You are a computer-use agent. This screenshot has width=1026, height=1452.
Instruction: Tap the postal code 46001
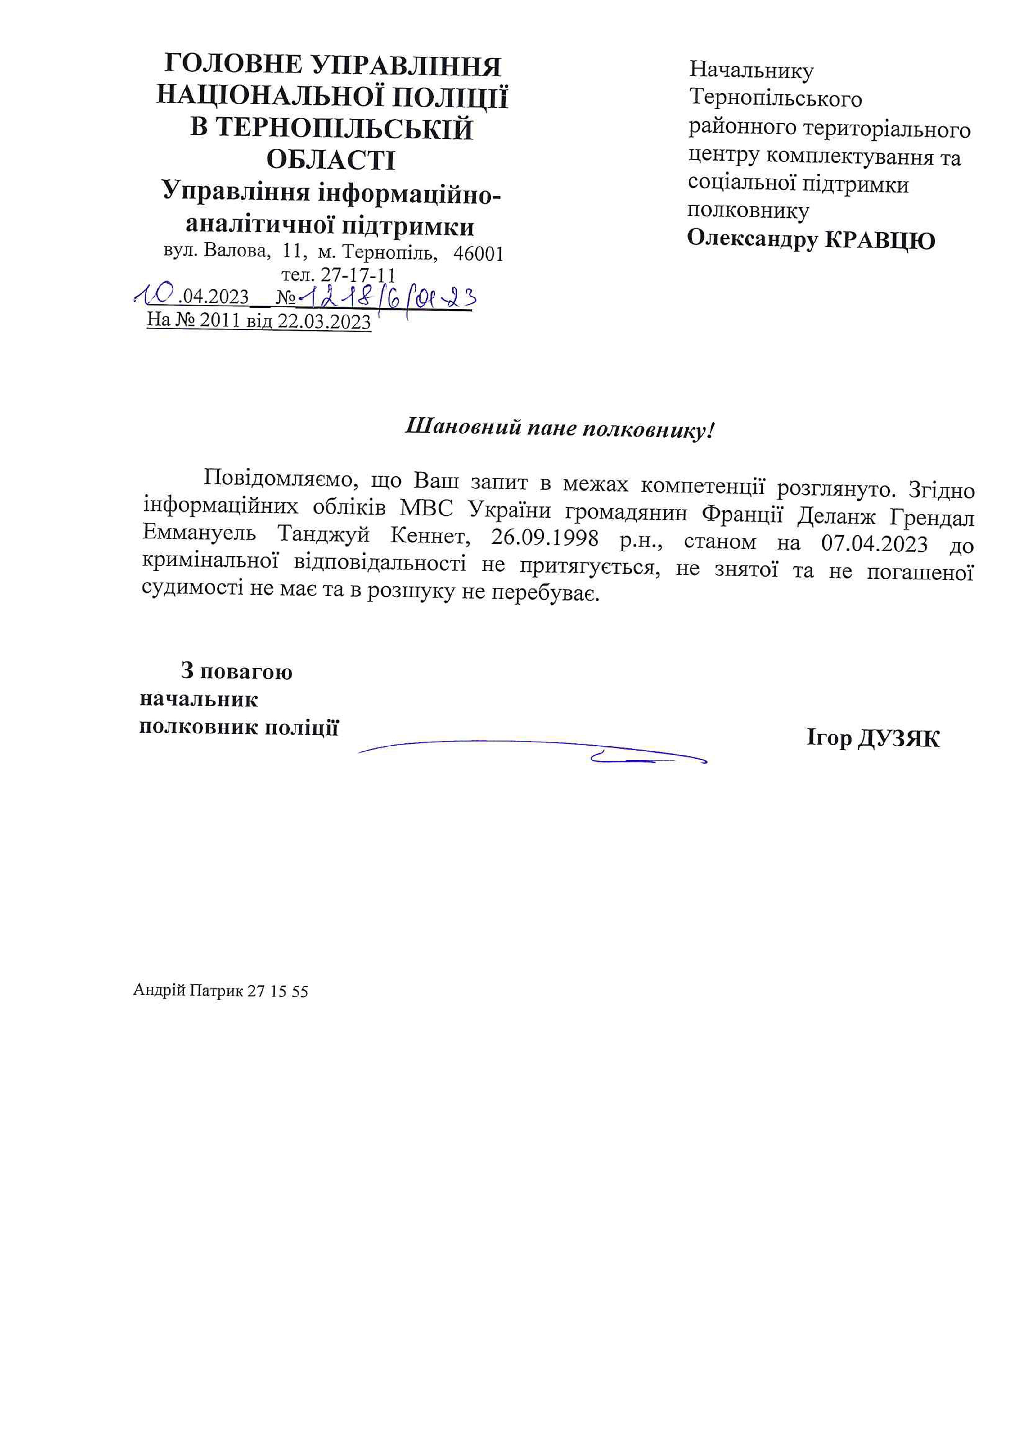(x=479, y=254)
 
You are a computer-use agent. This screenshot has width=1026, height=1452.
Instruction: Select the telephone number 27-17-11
(x=358, y=275)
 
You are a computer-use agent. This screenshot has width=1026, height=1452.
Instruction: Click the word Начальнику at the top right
(x=751, y=70)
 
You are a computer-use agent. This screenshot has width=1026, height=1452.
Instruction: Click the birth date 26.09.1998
(x=545, y=538)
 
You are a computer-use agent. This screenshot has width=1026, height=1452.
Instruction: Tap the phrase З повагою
(x=236, y=671)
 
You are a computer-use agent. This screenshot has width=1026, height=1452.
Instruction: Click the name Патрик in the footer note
(x=216, y=991)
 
